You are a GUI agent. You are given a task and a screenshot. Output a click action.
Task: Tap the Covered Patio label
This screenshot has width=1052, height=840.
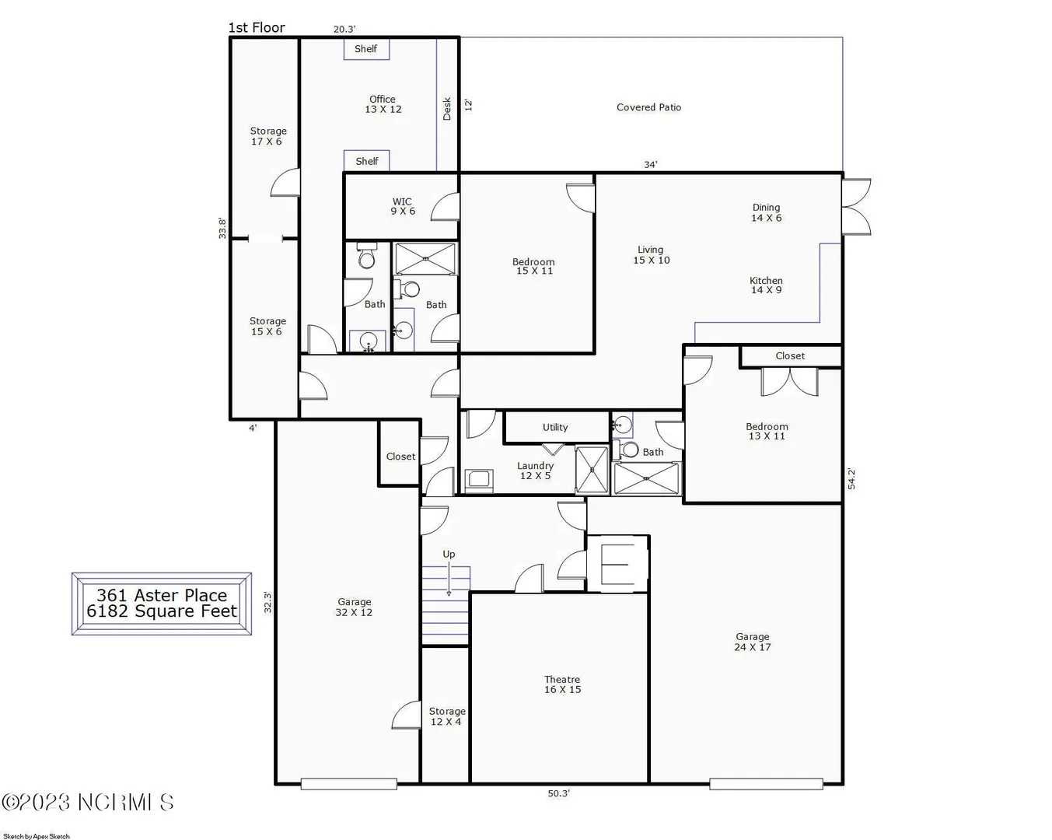(648, 107)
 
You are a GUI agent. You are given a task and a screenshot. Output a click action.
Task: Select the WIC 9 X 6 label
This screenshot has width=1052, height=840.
(402, 206)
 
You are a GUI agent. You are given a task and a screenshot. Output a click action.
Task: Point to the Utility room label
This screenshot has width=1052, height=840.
(555, 427)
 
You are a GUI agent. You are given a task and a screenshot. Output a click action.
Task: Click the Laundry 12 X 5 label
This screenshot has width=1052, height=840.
(535, 471)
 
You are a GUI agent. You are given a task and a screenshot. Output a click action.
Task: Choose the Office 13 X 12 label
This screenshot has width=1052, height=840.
(383, 104)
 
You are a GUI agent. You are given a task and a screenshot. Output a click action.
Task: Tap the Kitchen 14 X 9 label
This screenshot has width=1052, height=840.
(766, 285)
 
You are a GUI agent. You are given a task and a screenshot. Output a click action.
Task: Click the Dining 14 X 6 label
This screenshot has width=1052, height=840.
(766, 212)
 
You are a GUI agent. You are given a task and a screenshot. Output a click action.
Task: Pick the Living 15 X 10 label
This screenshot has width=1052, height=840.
(651, 255)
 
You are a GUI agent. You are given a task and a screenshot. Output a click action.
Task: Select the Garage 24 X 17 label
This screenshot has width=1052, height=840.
(753, 642)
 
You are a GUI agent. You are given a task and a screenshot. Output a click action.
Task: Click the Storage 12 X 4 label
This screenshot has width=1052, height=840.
(447, 716)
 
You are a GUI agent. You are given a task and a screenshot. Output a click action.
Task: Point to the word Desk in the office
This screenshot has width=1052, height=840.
(447, 109)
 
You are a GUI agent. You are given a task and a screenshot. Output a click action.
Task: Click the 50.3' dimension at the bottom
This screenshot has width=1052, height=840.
(558, 793)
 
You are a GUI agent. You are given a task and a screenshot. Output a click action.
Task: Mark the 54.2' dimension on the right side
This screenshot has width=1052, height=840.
(851, 478)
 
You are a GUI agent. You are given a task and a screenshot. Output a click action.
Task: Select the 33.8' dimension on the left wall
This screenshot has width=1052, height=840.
(222, 229)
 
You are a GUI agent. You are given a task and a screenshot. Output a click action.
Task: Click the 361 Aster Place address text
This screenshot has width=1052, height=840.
(162, 595)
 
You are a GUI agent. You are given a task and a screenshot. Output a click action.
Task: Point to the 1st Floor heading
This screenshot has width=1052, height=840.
(257, 28)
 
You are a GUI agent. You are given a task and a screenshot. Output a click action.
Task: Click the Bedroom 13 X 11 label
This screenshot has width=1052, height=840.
(767, 431)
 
